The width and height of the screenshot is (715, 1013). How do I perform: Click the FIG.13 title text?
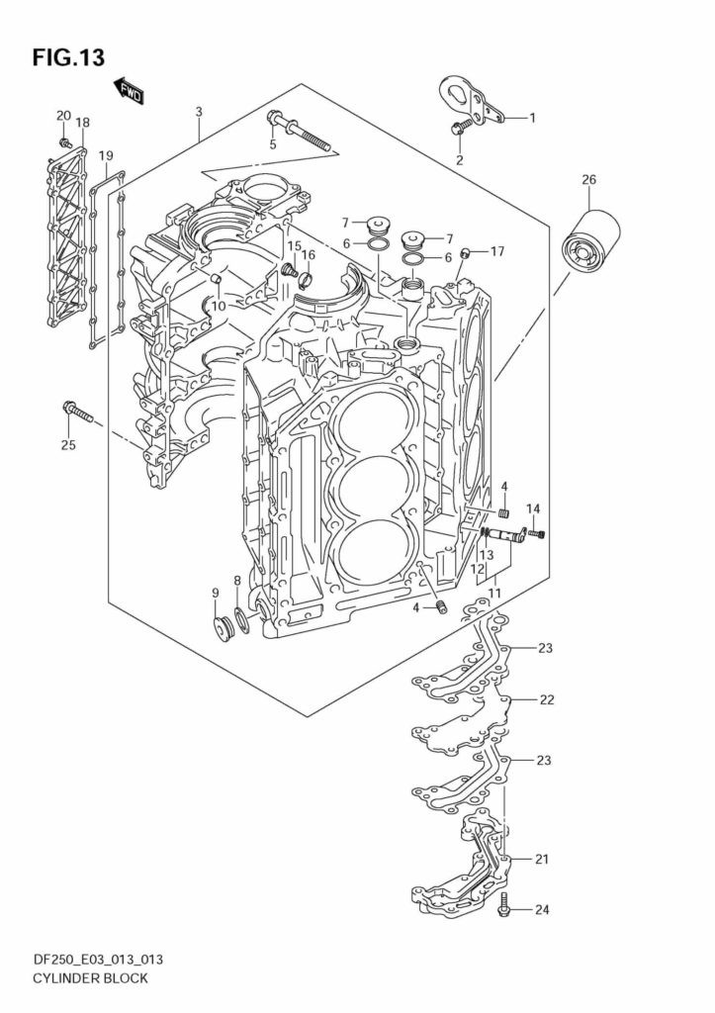click(x=68, y=56)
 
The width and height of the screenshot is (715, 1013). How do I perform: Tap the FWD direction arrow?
click(x=130, y=92)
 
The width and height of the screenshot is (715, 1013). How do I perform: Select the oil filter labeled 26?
click(x=589, y=244)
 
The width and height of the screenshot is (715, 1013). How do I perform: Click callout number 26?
click(x=589, y=180)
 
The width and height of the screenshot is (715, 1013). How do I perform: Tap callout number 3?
click(x=199, y=112)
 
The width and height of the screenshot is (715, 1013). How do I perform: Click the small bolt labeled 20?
click(x=64, y=141)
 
